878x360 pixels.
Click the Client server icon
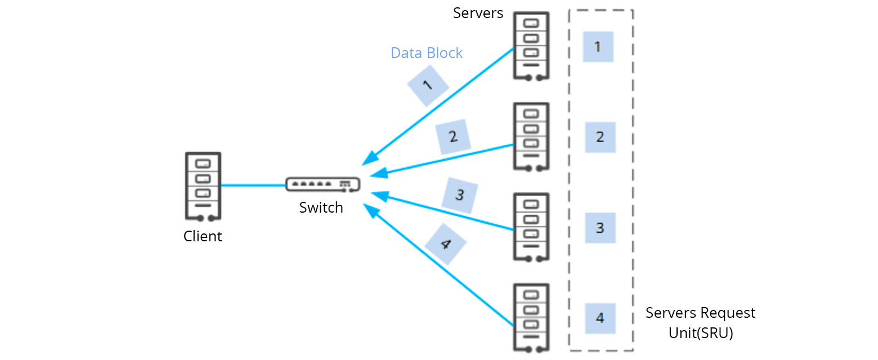[203, 186]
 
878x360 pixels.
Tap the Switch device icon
[322, 184]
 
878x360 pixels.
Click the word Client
[203, 236]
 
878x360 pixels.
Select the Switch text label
[321, 208]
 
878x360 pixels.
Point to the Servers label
[478, 13]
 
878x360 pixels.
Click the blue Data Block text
[427, 53]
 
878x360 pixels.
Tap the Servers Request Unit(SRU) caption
[700, 322]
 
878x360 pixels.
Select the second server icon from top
[531, 137]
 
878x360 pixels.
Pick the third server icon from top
[531, 227]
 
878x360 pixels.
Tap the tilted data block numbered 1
[427, 85]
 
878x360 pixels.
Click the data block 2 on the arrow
[453, 137]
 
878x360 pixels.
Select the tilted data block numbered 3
[460, 195]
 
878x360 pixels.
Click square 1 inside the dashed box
[598, 47]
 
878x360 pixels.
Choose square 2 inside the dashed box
[600, 137]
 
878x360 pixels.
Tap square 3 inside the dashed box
[600, 228]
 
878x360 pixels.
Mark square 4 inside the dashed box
[600, 318]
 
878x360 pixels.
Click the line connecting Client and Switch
[253, 185]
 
